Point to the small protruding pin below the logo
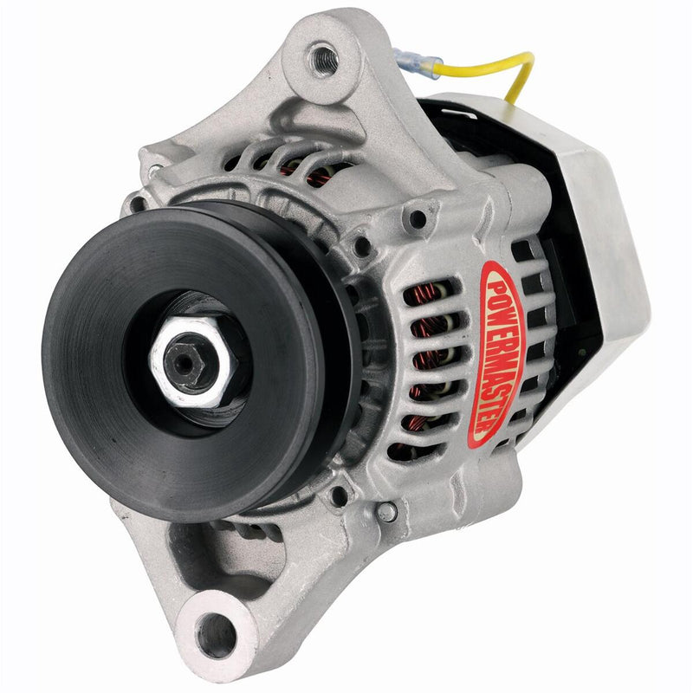point(387,512)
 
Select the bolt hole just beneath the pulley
point(340,496)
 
